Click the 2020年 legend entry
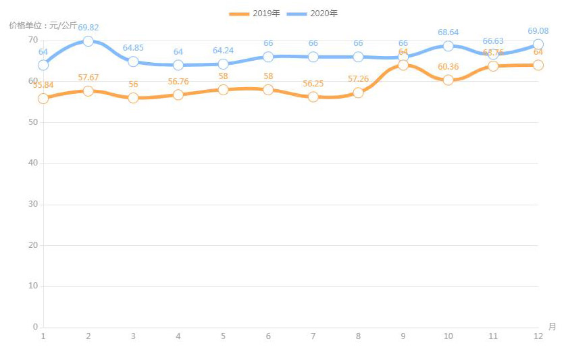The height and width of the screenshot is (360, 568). tap(312, 14)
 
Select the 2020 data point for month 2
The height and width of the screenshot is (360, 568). tap(88, 41)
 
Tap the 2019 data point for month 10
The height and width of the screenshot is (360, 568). tap(448, 80)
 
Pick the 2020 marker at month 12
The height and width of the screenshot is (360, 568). tap(538, 45)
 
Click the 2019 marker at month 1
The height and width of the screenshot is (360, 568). tap(43, 98)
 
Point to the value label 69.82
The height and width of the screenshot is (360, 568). tap(88, 28)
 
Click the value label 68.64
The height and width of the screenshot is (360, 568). tap(448, 32)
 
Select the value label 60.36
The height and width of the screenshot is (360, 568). tap(448, 66)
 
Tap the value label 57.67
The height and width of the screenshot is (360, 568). tap(88, 78)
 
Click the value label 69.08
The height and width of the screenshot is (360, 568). tap(538, 31)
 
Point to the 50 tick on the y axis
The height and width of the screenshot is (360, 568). tap(33, 122)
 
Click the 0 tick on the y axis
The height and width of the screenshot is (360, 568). tap(35, 328)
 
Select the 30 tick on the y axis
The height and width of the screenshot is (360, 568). tap(33, 205)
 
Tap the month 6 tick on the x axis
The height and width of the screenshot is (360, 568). tap(268, 336)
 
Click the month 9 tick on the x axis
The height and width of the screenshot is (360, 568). tap(403, 336)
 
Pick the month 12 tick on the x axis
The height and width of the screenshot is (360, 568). tap(538, 336)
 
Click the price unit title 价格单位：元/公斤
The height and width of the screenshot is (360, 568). tap(43, 26)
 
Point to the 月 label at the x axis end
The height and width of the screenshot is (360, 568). tap(552, 327)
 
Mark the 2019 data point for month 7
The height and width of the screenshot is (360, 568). tap(313, 97)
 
